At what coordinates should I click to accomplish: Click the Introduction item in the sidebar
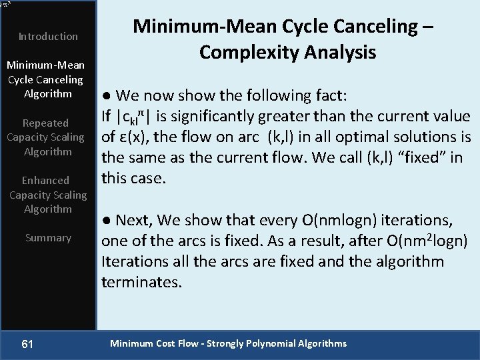(48, 36)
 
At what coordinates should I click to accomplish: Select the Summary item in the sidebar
(48, 237)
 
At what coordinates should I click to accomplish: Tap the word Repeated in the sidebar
(45, 123)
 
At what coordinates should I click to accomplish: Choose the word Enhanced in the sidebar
(45, 180)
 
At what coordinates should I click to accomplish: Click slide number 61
(27, 344)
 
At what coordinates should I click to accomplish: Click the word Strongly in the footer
(226, 344)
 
